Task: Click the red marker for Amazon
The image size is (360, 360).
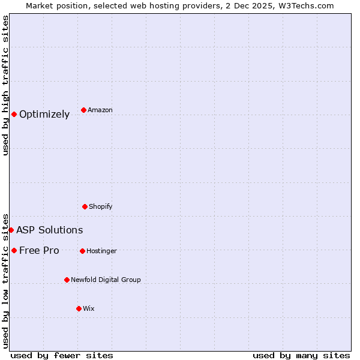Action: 83,110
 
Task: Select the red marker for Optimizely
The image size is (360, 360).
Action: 14,114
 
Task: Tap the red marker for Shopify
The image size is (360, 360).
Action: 85,206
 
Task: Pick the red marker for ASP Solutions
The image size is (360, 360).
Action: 11,230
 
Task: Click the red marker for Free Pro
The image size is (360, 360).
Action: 14,250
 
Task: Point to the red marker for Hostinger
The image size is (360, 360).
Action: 82,251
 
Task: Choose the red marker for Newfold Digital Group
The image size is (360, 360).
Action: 67,280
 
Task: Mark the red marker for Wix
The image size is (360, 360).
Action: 79,308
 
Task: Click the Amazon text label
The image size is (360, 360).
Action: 100,110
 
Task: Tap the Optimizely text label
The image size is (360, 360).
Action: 44,115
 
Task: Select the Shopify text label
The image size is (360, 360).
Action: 101,207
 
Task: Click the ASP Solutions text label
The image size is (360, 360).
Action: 50,230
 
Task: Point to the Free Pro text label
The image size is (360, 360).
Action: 39,251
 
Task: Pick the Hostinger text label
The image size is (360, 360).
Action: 102,251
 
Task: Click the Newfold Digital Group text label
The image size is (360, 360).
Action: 106,280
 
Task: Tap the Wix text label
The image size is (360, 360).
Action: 89,309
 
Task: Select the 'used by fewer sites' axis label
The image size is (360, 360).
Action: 62,355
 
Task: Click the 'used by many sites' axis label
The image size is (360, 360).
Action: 301,355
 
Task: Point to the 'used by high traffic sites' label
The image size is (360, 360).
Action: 5,85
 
